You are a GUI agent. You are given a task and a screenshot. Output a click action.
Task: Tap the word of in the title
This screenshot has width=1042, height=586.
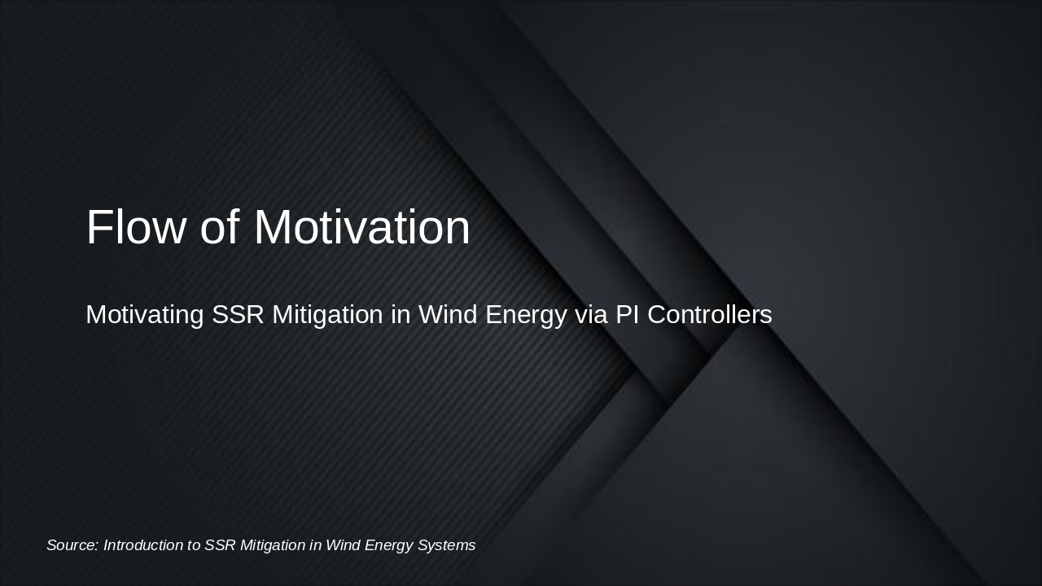220,227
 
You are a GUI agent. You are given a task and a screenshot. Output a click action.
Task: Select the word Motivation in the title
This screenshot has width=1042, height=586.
362,227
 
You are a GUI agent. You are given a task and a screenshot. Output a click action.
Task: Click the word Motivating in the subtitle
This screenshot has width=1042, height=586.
144,314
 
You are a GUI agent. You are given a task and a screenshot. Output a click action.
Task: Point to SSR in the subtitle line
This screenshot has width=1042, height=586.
238,314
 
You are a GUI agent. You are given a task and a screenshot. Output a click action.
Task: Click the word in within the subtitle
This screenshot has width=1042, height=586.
401,314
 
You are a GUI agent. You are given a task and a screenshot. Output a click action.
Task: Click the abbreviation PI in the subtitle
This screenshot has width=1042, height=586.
627,314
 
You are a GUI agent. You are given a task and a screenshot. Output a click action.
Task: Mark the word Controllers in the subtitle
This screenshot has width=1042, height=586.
709,314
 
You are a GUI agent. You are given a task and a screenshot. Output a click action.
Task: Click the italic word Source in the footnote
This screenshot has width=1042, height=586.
72,545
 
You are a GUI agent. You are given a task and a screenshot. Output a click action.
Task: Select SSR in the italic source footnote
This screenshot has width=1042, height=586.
220,545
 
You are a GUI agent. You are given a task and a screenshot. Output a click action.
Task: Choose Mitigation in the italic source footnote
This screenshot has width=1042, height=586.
272,545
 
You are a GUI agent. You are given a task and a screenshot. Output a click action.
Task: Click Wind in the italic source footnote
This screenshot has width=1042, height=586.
343,545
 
